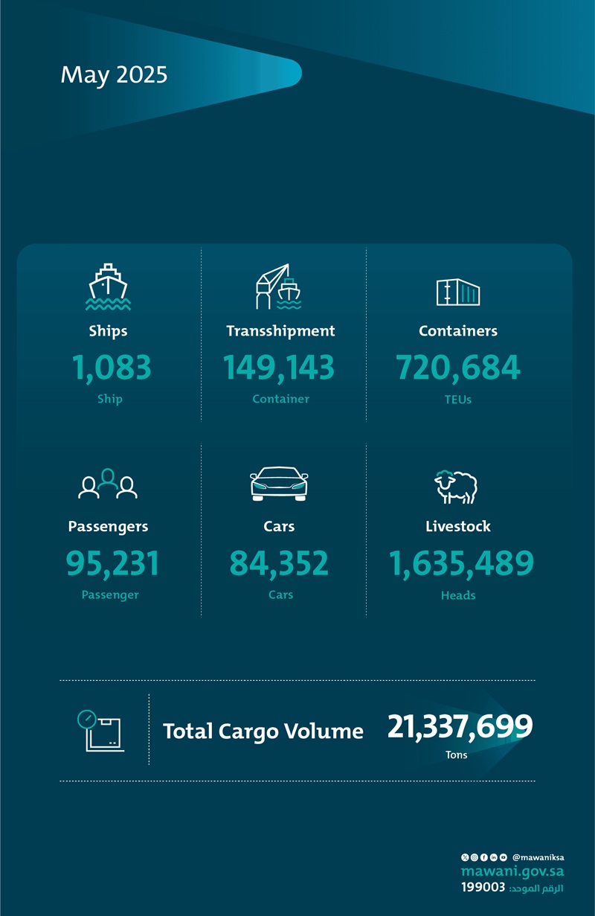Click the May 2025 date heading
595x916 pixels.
coord(114,75)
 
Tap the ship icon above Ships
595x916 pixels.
coord(108,286)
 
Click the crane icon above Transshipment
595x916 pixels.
coord(278,286)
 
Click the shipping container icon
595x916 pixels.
coord(457,292)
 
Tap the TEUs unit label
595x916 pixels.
coord(457,400)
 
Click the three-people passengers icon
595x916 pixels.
coord(108,484)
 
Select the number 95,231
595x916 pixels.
coord(112,563)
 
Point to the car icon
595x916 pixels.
coord(279,484)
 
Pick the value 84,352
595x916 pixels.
coord(279,563)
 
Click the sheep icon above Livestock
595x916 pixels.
coord(456,487)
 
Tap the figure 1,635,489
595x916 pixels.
coord(461,563)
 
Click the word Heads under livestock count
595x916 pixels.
coord(458,595)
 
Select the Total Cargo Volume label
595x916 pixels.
coord(263,731)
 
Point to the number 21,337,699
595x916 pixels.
coord(460,727)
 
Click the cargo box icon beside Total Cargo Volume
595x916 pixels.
coord(100,731)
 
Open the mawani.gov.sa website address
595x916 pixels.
coord(512,871)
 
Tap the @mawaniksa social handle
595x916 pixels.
coord(538,857)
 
